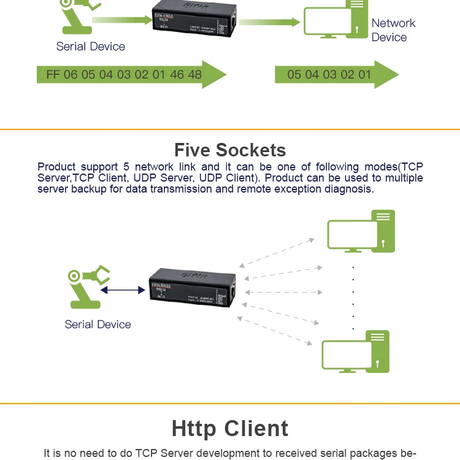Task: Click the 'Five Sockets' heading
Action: (230, 150)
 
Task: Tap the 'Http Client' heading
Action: (230, 428)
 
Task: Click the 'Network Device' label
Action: (393, 30)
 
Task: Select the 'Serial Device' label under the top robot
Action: (90, 47)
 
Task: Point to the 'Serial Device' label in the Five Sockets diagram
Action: (98, 324)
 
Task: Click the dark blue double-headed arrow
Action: (123, 290)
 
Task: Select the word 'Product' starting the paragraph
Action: (57, 167)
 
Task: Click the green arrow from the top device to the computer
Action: (264, 22)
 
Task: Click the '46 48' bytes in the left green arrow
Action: (185, 75)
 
